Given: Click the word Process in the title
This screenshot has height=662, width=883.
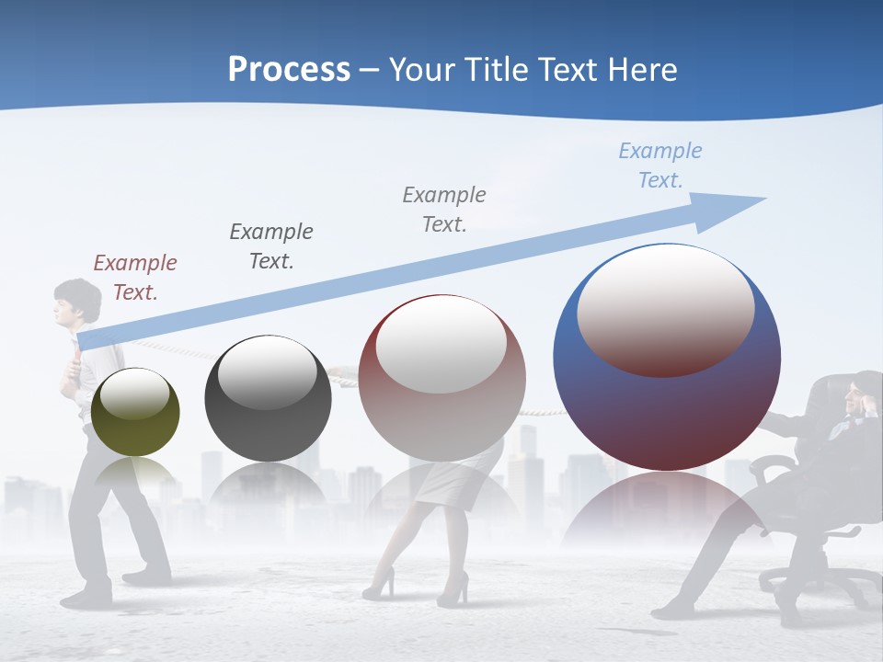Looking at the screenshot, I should pos(289,70).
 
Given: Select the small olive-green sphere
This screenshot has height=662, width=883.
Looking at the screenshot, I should pos(136,412).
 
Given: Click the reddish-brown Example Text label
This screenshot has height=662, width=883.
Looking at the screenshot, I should pos(135,278).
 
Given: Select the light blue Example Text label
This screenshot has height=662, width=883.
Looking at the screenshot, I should pos(660,165).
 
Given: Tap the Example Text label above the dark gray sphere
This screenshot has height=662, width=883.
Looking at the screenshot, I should pos(271,246).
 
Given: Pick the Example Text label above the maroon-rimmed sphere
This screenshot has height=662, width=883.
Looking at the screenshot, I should pos(444,210).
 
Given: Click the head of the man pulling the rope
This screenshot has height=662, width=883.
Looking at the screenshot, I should pos(70,301).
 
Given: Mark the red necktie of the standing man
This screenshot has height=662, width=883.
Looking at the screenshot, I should pos(69,368).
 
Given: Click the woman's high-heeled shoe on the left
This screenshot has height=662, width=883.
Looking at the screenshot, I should pos(379,585).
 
